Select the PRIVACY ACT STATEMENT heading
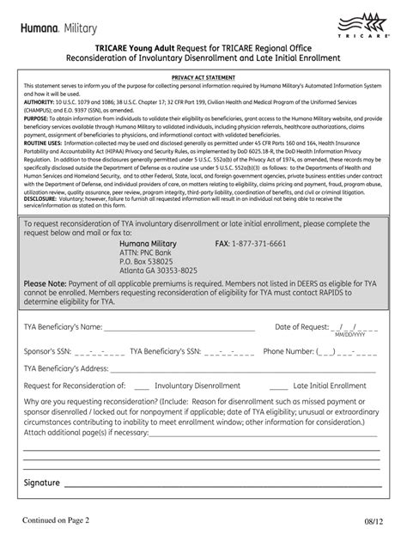(x=203, y=77)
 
